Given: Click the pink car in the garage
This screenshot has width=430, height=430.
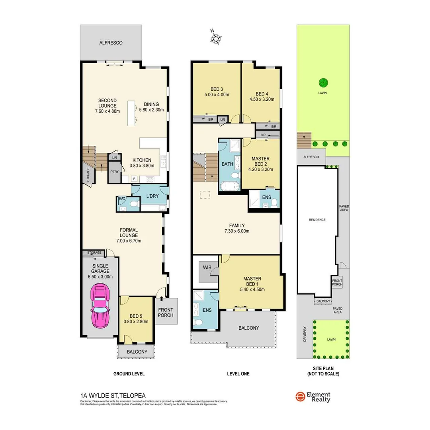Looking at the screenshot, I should pos(100,305).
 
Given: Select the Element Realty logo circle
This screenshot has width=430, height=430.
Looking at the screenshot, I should pos(300,397).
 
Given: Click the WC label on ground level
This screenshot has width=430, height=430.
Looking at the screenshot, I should pos(122,199).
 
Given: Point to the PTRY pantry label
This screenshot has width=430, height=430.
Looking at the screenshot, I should pos(115,172).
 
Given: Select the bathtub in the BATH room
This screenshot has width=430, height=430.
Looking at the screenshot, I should pos(229,186).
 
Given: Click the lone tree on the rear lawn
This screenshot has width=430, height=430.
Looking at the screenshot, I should pos(323,83).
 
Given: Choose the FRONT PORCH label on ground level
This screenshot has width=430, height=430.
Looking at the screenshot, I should pos(166,313).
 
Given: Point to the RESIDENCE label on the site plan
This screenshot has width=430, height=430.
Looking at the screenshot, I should pos(317,220).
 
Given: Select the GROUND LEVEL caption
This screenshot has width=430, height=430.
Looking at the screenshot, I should pos(129,374).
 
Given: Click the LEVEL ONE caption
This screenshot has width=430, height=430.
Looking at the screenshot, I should pos(238,374).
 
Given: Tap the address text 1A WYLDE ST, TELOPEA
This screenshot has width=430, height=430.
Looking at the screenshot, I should pos(113,395).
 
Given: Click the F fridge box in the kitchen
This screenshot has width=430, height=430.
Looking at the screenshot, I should pos(134,179).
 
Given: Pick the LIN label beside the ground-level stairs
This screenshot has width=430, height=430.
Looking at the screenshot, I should pos(114,158).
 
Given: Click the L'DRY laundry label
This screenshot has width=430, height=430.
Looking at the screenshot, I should pos(152,196).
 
